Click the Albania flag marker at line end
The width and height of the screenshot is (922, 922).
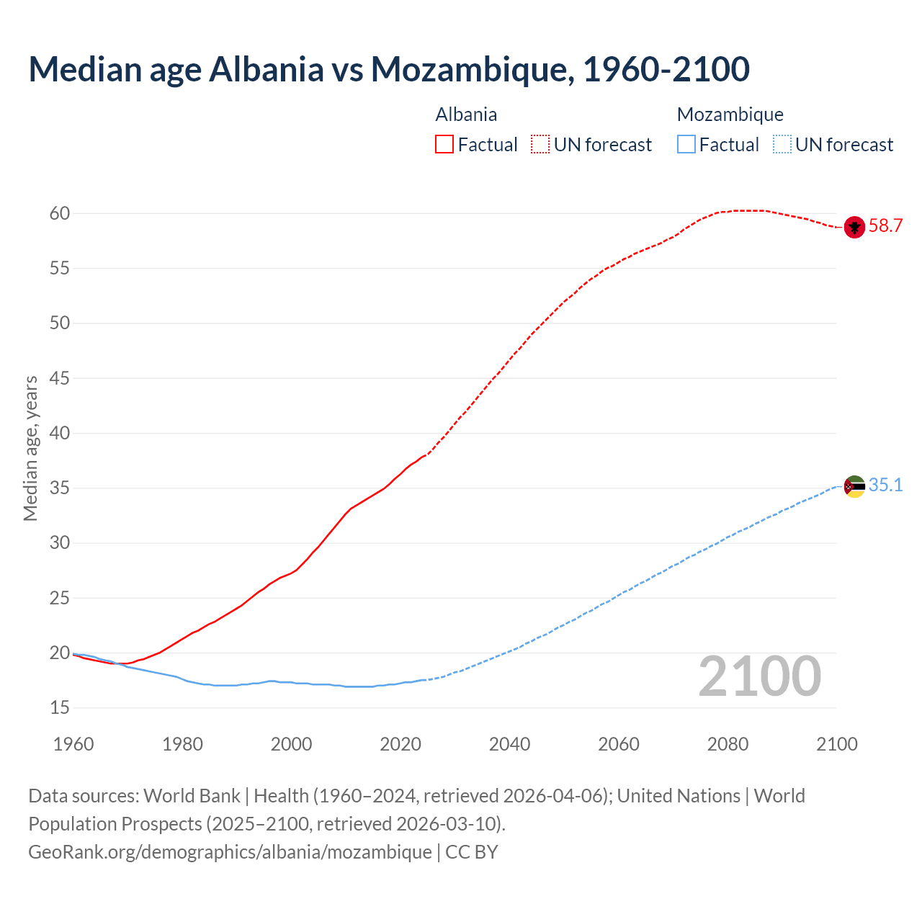854,227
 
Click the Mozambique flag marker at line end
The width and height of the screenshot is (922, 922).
854,486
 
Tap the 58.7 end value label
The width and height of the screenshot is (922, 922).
885,226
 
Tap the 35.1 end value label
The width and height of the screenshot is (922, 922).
885,485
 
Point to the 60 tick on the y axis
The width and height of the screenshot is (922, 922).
60,213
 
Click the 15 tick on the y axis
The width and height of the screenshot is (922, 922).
60,708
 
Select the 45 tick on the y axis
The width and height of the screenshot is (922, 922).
60,378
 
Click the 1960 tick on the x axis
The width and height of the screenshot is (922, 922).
73,744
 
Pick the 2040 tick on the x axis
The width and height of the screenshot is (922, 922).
509,744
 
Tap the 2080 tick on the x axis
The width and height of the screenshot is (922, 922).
728,744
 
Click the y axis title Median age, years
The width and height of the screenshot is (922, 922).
30,448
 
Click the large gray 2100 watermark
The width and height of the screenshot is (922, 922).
759,676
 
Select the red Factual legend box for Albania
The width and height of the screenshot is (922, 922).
444,145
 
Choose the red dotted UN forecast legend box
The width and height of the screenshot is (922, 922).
540,145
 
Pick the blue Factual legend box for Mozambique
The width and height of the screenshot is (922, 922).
686,145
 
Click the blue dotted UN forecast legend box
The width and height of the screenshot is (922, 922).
782,145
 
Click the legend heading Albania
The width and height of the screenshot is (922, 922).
466,115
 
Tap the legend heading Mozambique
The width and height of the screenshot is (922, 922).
730,115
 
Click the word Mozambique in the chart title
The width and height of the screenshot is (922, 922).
471,69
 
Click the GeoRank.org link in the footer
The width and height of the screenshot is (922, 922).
230,852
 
